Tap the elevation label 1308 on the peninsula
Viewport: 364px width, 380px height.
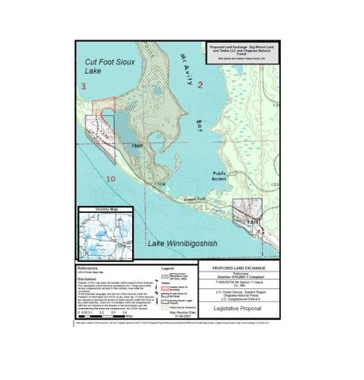[x=136, y=145]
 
